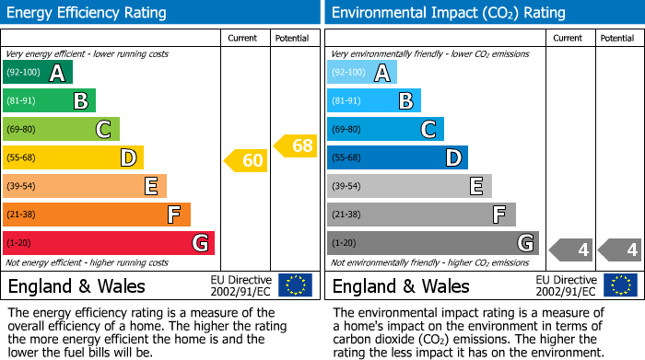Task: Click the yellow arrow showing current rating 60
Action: pyautogui.click(x=246, y=161)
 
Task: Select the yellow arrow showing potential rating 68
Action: pyautogui.click(x=296, y=145)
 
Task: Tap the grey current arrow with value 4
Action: pyautogui.click(x=571, y=249)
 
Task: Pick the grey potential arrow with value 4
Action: pyautogui.click(x=620, y=249)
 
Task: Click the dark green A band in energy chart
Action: pyautogui.click(x=38, y=73)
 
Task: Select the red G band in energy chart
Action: pyautogui.click(x=109, y=243)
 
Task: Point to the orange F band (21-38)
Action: pyautogui.click(x=97, y=215)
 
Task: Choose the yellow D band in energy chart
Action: pyautogui.click(x=73, y=157)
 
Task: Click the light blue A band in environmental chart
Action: pyautogui.click(x=362, y=73)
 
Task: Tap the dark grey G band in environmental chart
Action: pyautogui.click(x=433, y=243)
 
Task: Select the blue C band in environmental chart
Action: pyautogui.click(x=385, y=129)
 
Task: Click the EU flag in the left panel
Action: pyautogui.click(x=295, y=285)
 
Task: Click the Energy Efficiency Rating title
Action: pyautogui.click(x=88, y=13)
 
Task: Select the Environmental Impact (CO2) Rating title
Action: pyautogui.click(x=448, y=13)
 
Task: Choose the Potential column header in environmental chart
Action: pyautogui.click(x=617, y=38)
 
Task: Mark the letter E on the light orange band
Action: pyautogui.click(x=150, y=186)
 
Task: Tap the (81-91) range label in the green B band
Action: pyautogui.click(x=19, y=101)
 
